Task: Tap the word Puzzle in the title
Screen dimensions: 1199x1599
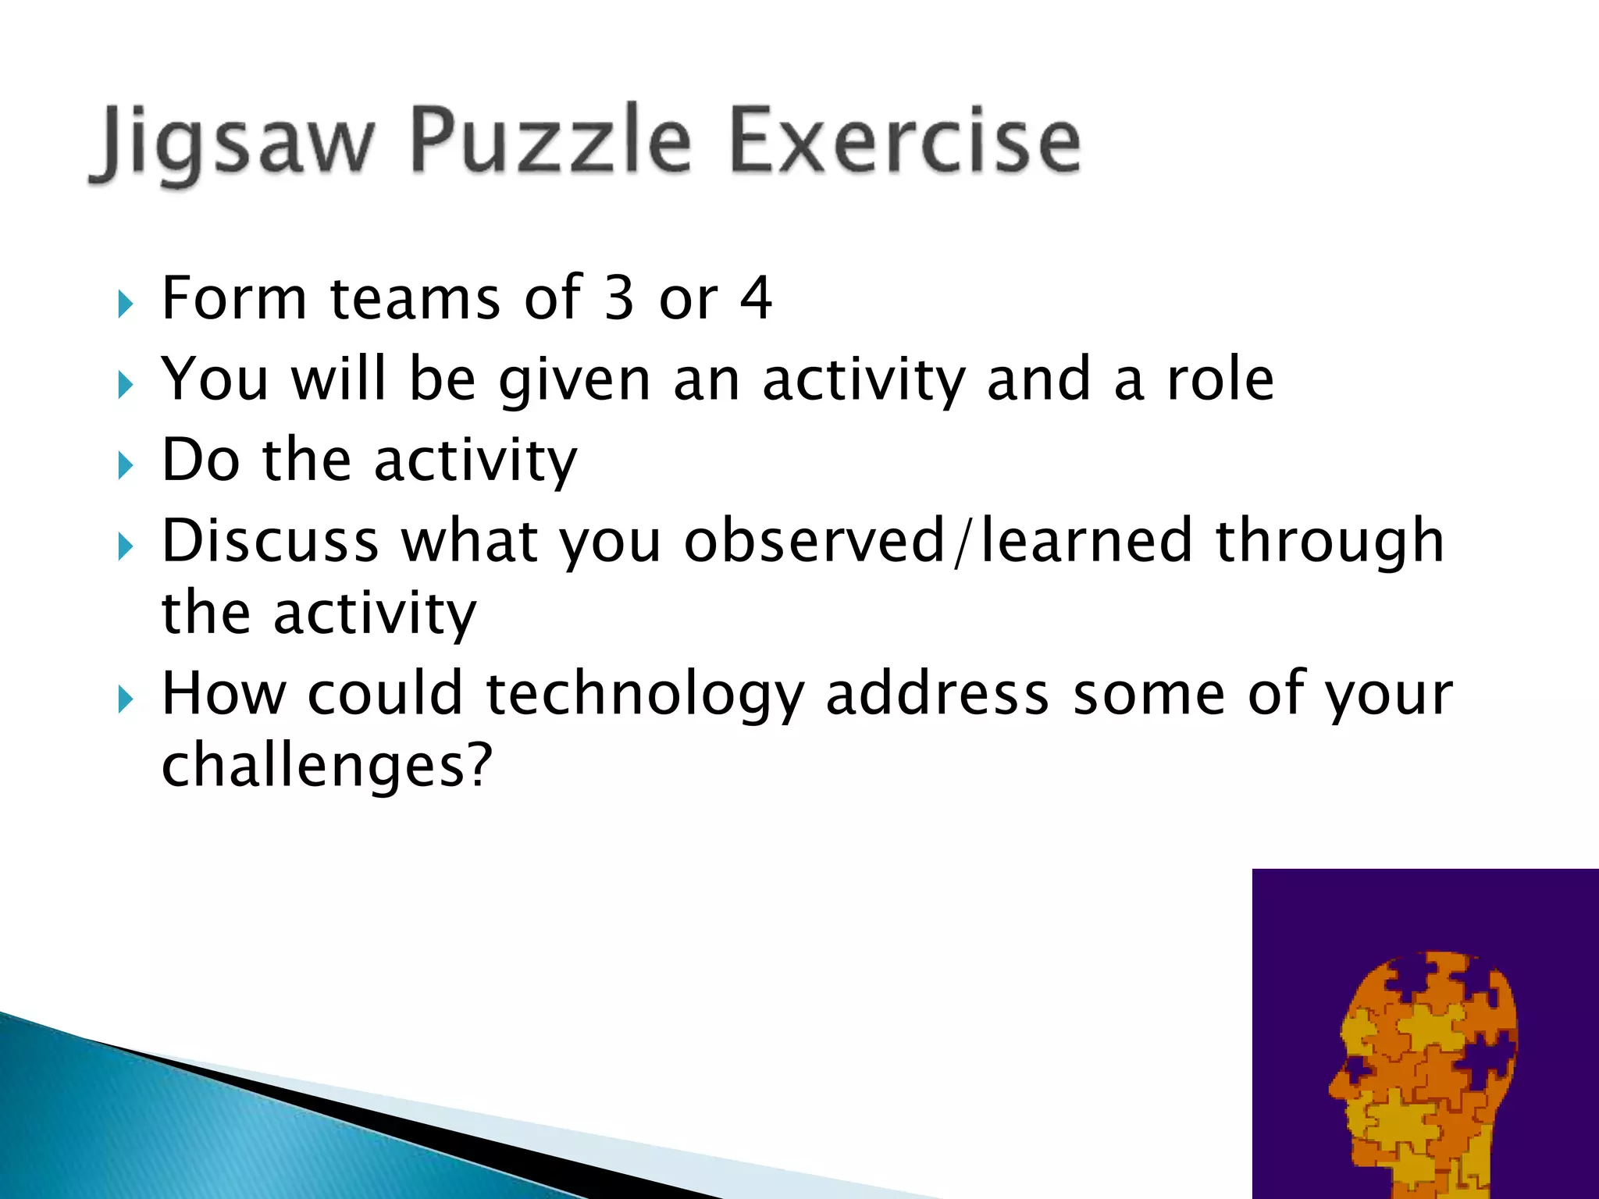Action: (551, 141)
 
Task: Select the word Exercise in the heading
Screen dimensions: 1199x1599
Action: (906, 141)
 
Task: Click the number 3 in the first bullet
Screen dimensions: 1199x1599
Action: (619, 298)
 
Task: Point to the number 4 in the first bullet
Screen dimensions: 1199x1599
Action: (755, 298)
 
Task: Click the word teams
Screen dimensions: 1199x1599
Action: (415, 298)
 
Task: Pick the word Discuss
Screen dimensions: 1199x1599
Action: (270, 540)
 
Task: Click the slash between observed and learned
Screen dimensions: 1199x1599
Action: (963, 542)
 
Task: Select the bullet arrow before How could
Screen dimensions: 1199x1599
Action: (126, 698)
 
